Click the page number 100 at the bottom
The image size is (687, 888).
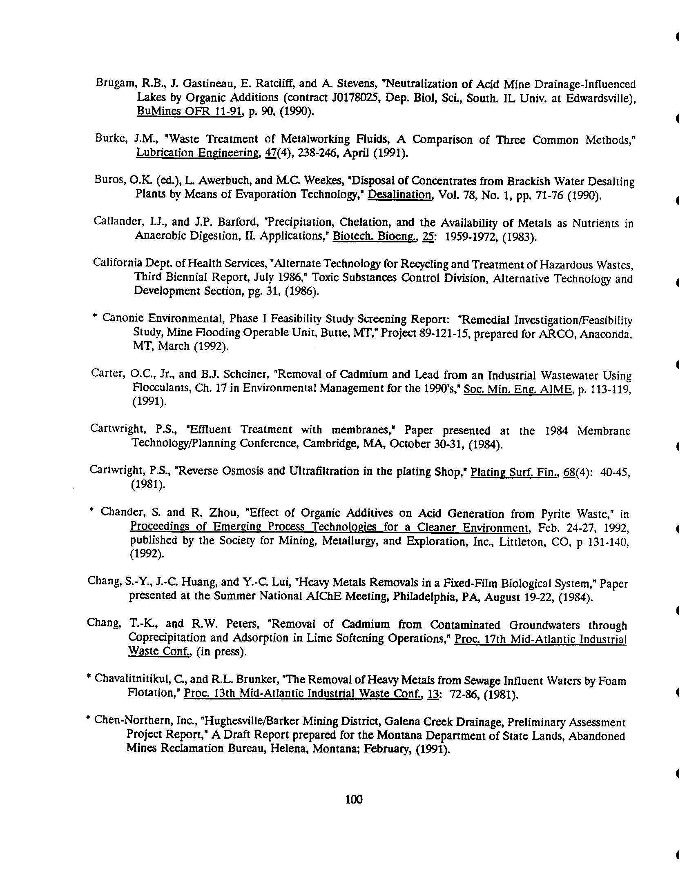click(x=354, y=799)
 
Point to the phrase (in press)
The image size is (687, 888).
click(x=222, y=652)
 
